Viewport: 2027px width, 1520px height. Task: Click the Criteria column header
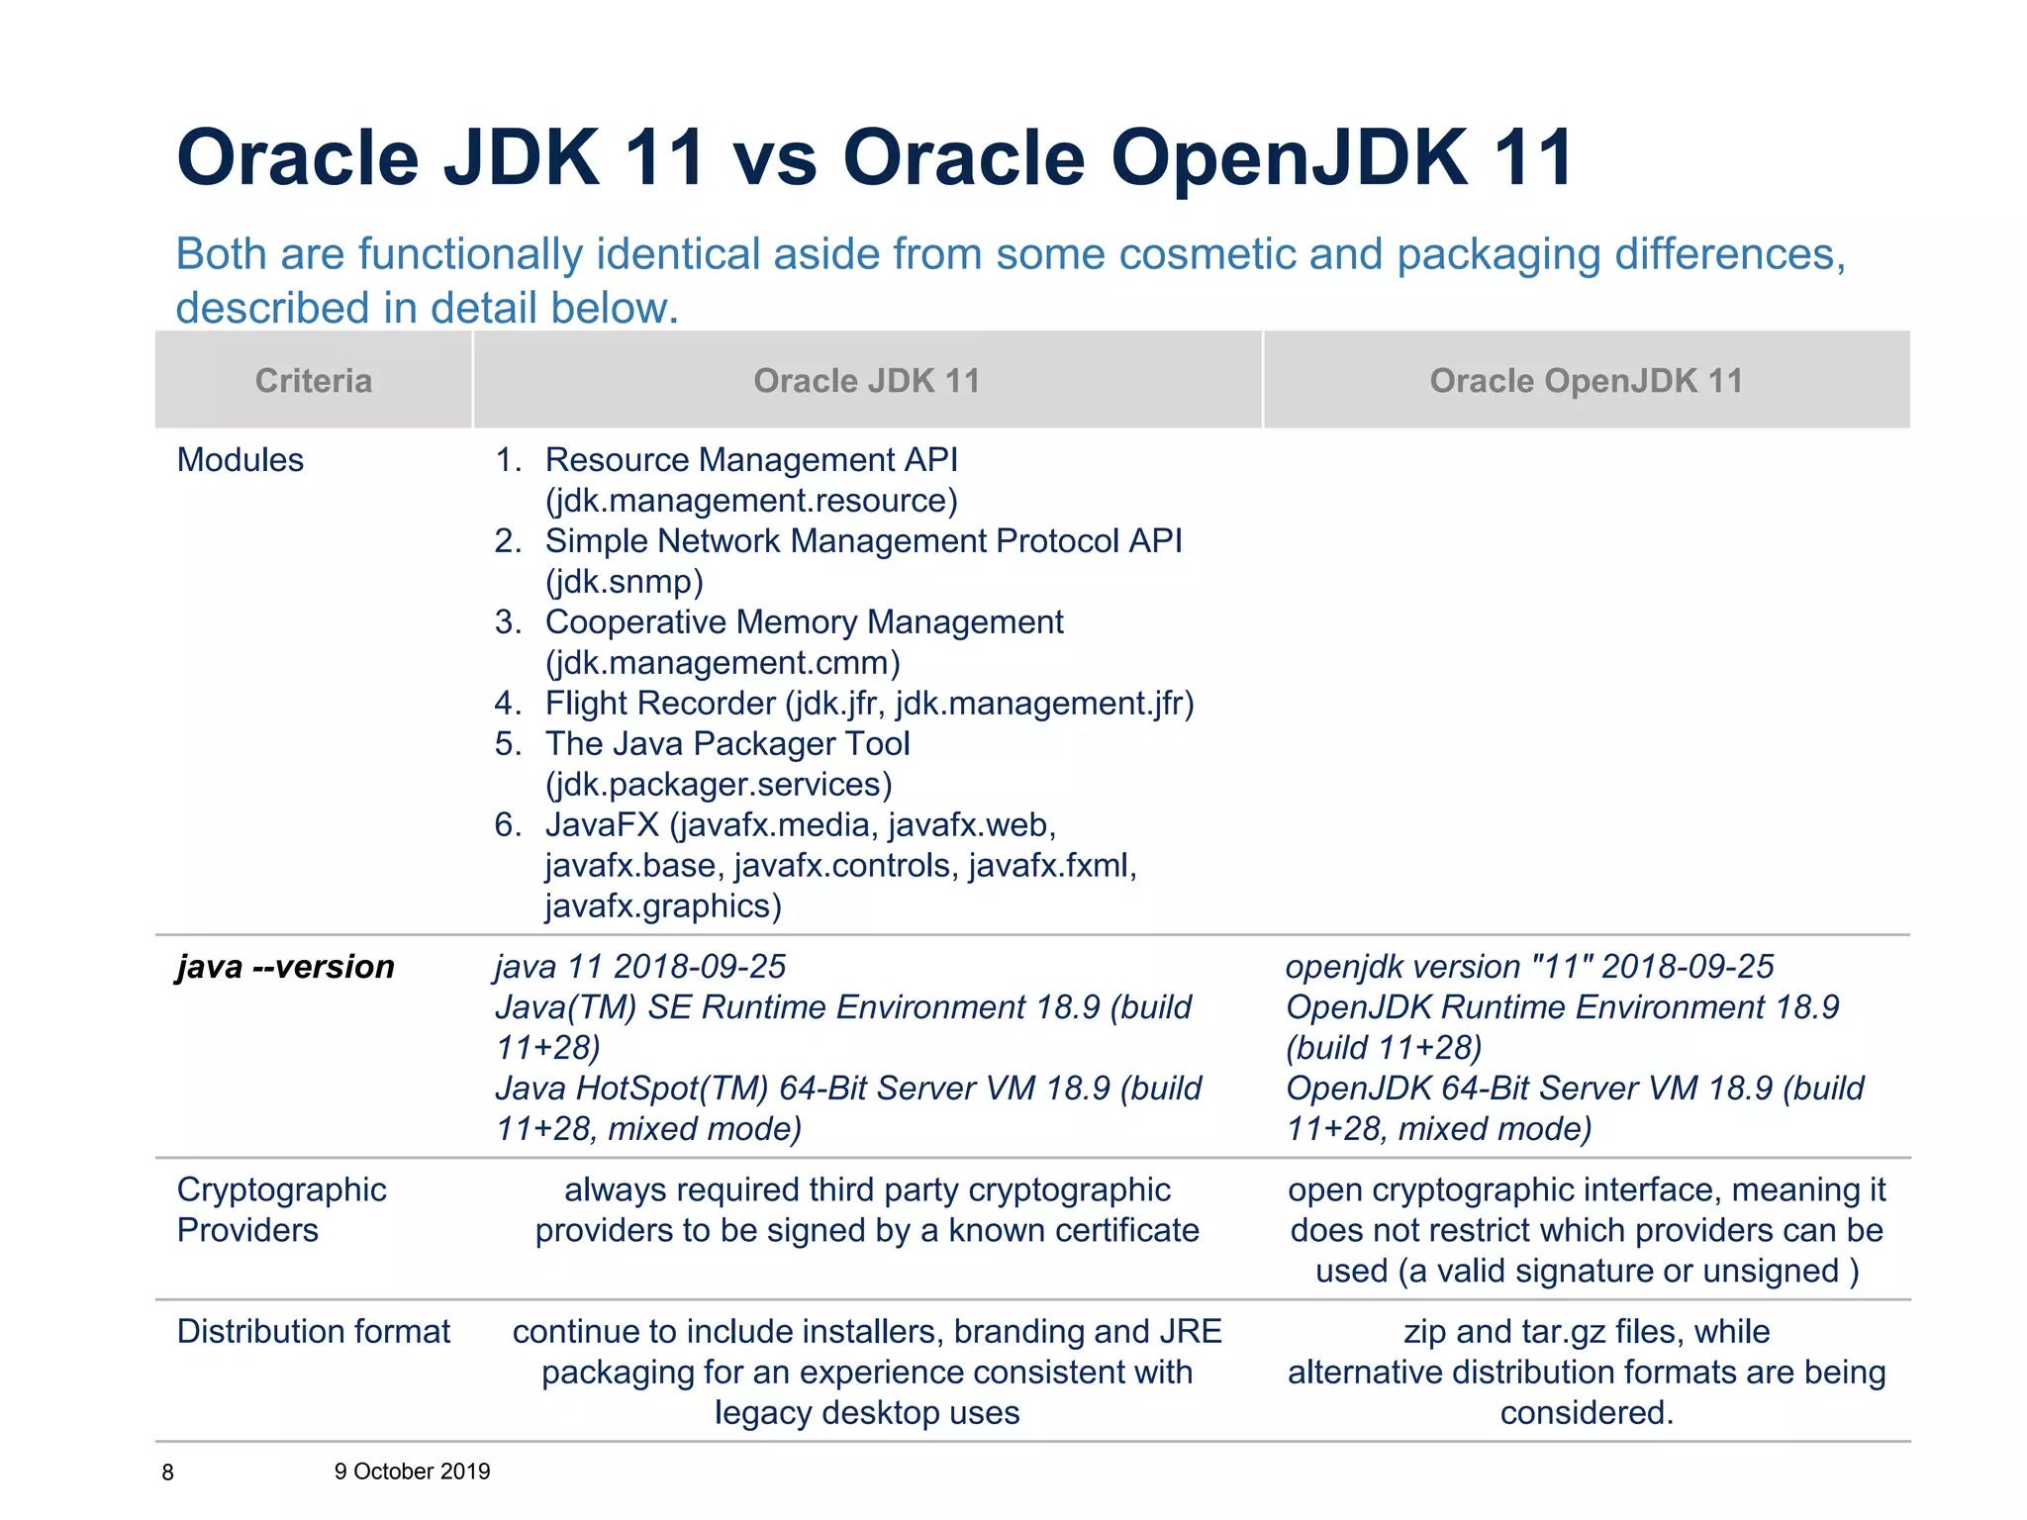coord(314,381)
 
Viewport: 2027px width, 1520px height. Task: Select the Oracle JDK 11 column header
coord(866,381)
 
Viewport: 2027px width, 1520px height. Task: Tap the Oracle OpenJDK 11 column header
coord(1586,381)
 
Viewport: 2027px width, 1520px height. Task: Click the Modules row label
coord(240,460)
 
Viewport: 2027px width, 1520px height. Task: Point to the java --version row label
coord(285,967)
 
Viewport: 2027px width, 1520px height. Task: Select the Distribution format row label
coord(313,1332)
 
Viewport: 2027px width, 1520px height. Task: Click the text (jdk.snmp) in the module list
coord(625,582)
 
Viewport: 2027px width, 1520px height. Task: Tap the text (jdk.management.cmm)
coord(723,663)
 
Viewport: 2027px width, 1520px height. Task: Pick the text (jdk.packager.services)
coord(719,785)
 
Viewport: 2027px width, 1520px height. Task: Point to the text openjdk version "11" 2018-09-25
coord(1529,967)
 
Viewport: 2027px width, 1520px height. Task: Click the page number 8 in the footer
coord(167,1472)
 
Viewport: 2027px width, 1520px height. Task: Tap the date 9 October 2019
coord(412,1472)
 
